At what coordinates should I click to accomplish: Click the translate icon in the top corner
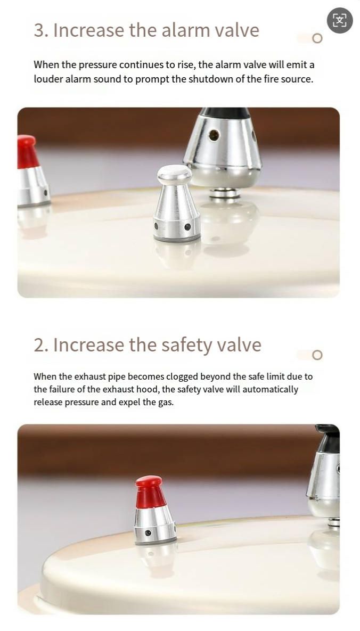(x=340, y=20)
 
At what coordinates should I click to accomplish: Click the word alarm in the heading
(x=186, y=30)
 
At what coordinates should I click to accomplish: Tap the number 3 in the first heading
(x=39, y=30)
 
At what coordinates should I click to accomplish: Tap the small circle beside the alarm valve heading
(x=317, y=38)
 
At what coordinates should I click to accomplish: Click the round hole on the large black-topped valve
(x=214, y=135)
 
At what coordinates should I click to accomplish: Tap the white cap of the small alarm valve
(x=174, y=174)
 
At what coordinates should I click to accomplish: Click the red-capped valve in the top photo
(x=32, y=171)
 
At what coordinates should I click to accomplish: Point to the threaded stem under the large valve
(x=224, y=193)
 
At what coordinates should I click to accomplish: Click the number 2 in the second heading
(x=39, y=345)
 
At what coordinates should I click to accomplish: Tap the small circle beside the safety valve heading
(x=317, y=355)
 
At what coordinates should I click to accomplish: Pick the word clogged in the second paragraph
(x=182, y=376)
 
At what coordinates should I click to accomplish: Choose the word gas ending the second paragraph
(x=166, y=403)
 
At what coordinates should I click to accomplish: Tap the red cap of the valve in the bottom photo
(x=150, y=492)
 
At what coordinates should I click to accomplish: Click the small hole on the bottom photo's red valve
(x=148, y=533)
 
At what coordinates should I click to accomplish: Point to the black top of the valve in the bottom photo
(x=328, y=438)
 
